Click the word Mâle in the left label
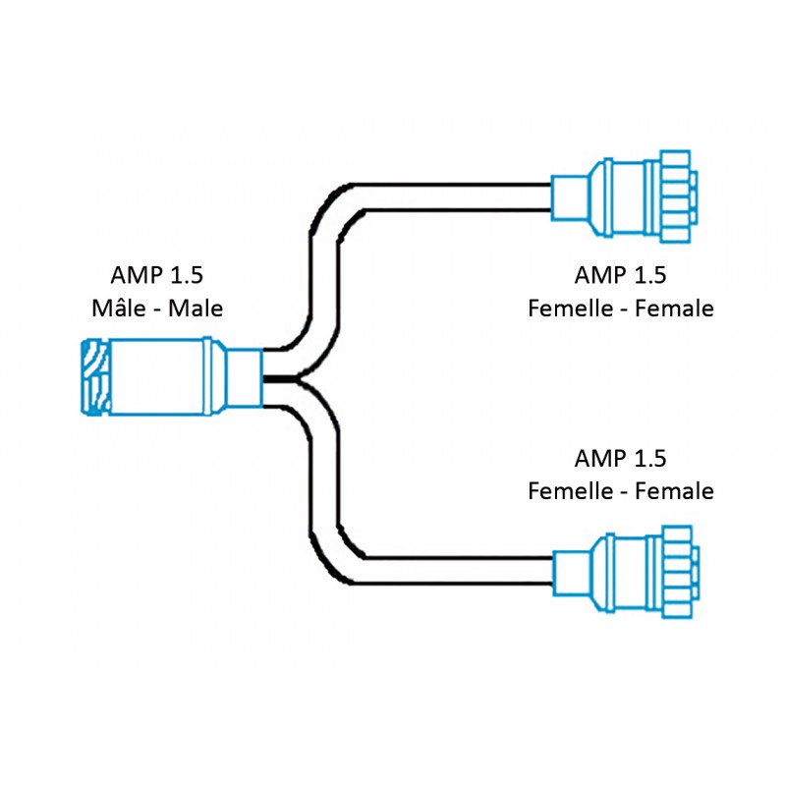pyautogui.click(x=118, y=308)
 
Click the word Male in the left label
pyautogui.click(x=196, y=308)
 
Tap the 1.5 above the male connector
pyautogui.click(x=187, y=275)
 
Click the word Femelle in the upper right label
pyautogui.click(x=571, y=308)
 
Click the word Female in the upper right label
pyautogui.click(x=674, y=308)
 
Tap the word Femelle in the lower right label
pyautogui.click(x=571, y=490)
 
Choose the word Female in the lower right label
pyautogui.click(x=674, y=490)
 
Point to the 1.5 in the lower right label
pyautogui.click(x=650, y=458)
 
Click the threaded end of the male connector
pyautogui.click(x=95, y=377)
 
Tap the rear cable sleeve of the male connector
pyautogui.click(x=244, y=378)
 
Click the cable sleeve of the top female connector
pyautogui.click(x=570, y=198)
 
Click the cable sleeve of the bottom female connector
pyautogui.click(x=571, y=573)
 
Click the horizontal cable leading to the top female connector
pyautogui.click(x=451, y=197)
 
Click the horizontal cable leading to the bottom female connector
pyautogui.click(x=451, y=571)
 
